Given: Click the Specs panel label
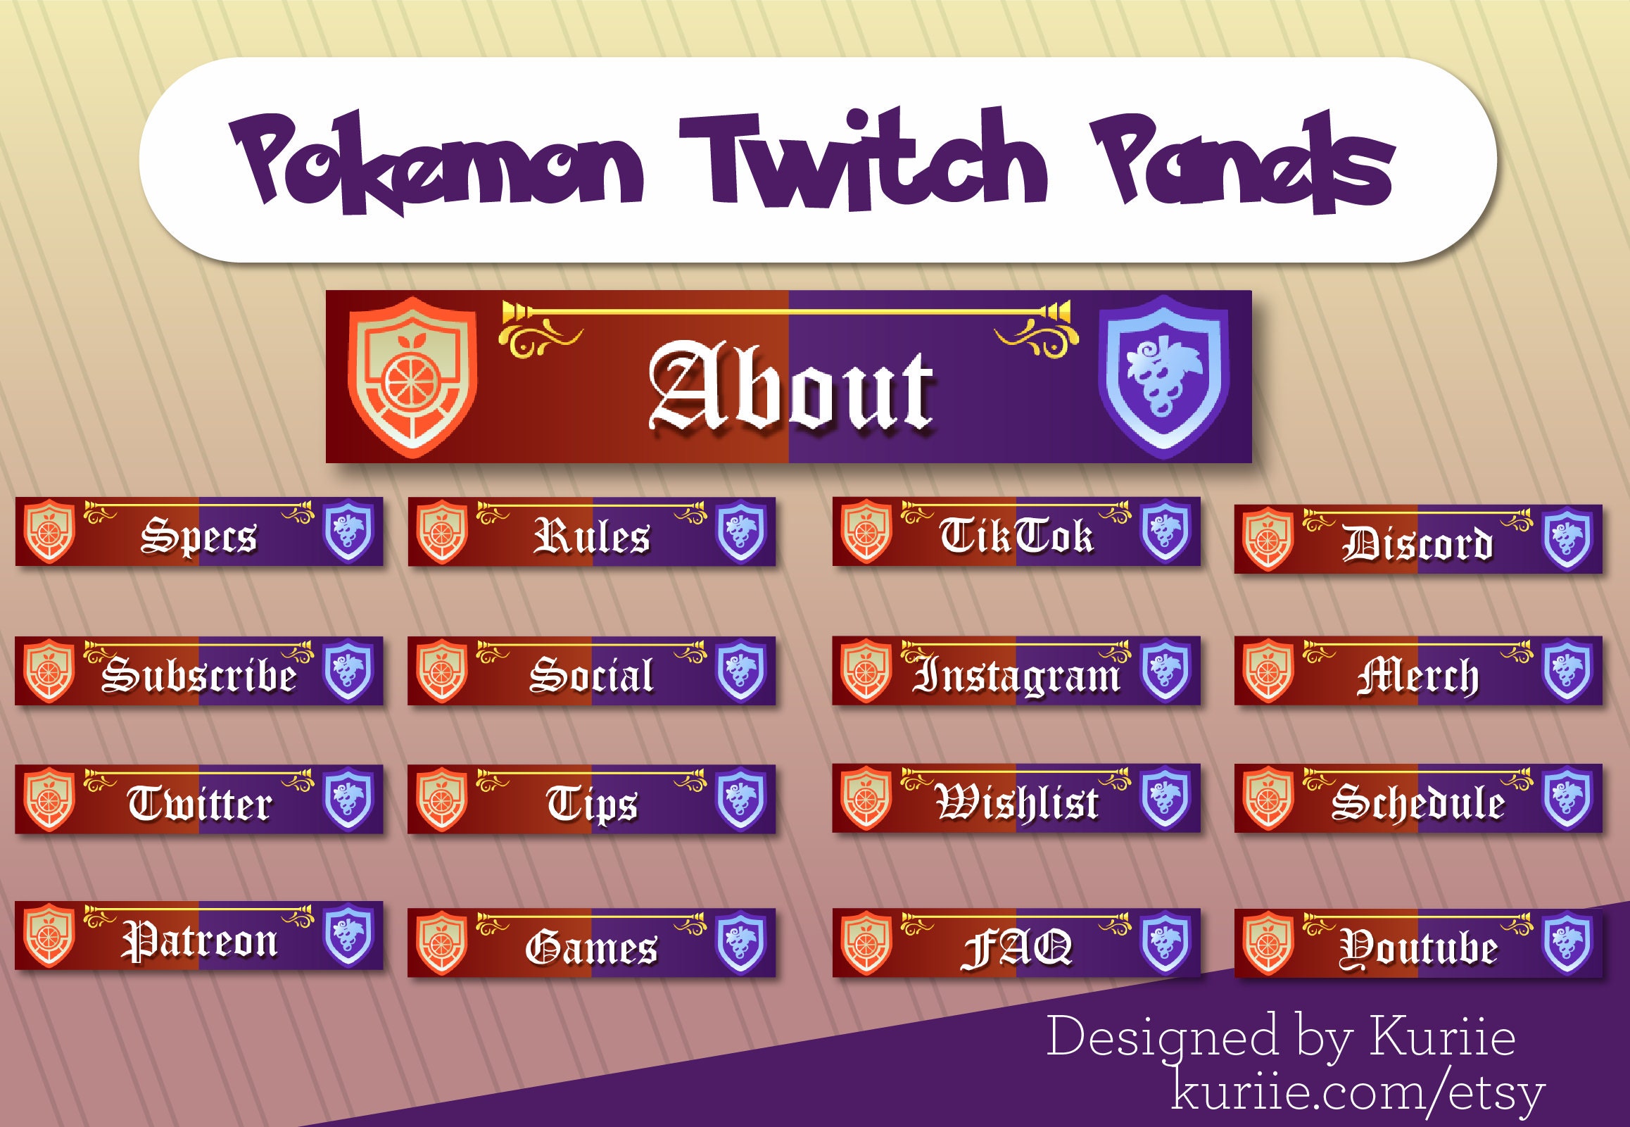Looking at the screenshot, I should [x=198, y=536].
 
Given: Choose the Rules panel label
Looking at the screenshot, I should [x=592, y=536].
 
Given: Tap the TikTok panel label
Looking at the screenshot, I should [x=1016, y=535].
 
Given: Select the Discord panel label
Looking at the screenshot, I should [x=1417, y=543].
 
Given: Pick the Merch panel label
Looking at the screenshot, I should [x=1417, y=676].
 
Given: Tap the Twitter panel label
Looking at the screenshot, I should [x=199, y=804].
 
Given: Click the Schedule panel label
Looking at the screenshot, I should [x=1417, y=804].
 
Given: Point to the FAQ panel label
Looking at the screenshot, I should [x=1016, y=947].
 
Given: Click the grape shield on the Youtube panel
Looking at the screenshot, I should [x=1567, y=942].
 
